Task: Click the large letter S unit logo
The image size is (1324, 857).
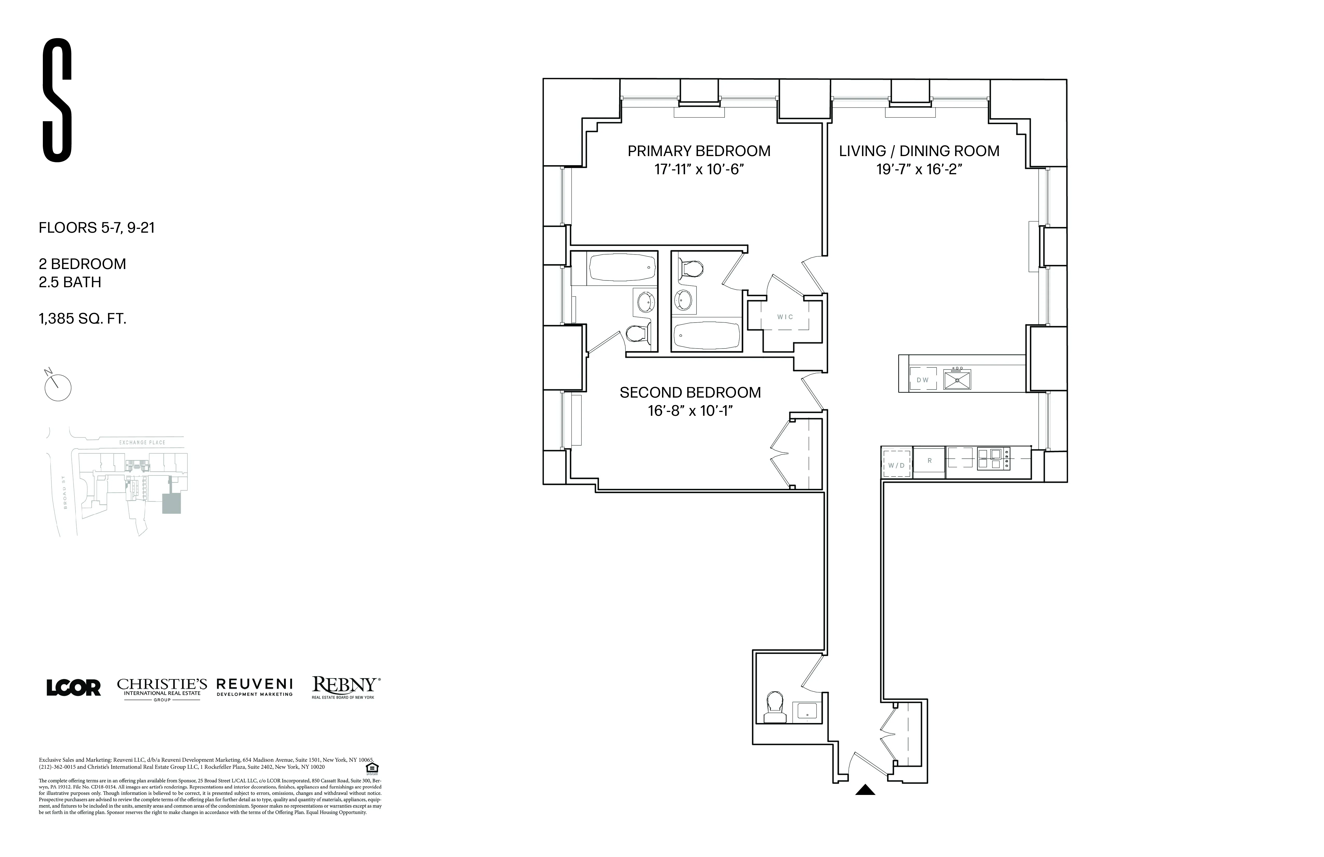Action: [x=57, y=100]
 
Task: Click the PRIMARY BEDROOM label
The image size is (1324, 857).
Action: [x=699, y=151]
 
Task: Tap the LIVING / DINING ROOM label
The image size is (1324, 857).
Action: [x=919, y=151]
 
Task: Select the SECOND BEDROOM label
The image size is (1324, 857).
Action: [x=690, y=392]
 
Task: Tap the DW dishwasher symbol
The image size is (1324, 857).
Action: [x=922, y=380]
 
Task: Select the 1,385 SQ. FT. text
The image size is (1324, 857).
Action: [x=82, y=319]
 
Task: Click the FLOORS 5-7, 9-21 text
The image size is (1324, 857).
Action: [x=96, y=227]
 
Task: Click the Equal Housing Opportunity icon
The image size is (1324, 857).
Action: [x=372, y=768]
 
